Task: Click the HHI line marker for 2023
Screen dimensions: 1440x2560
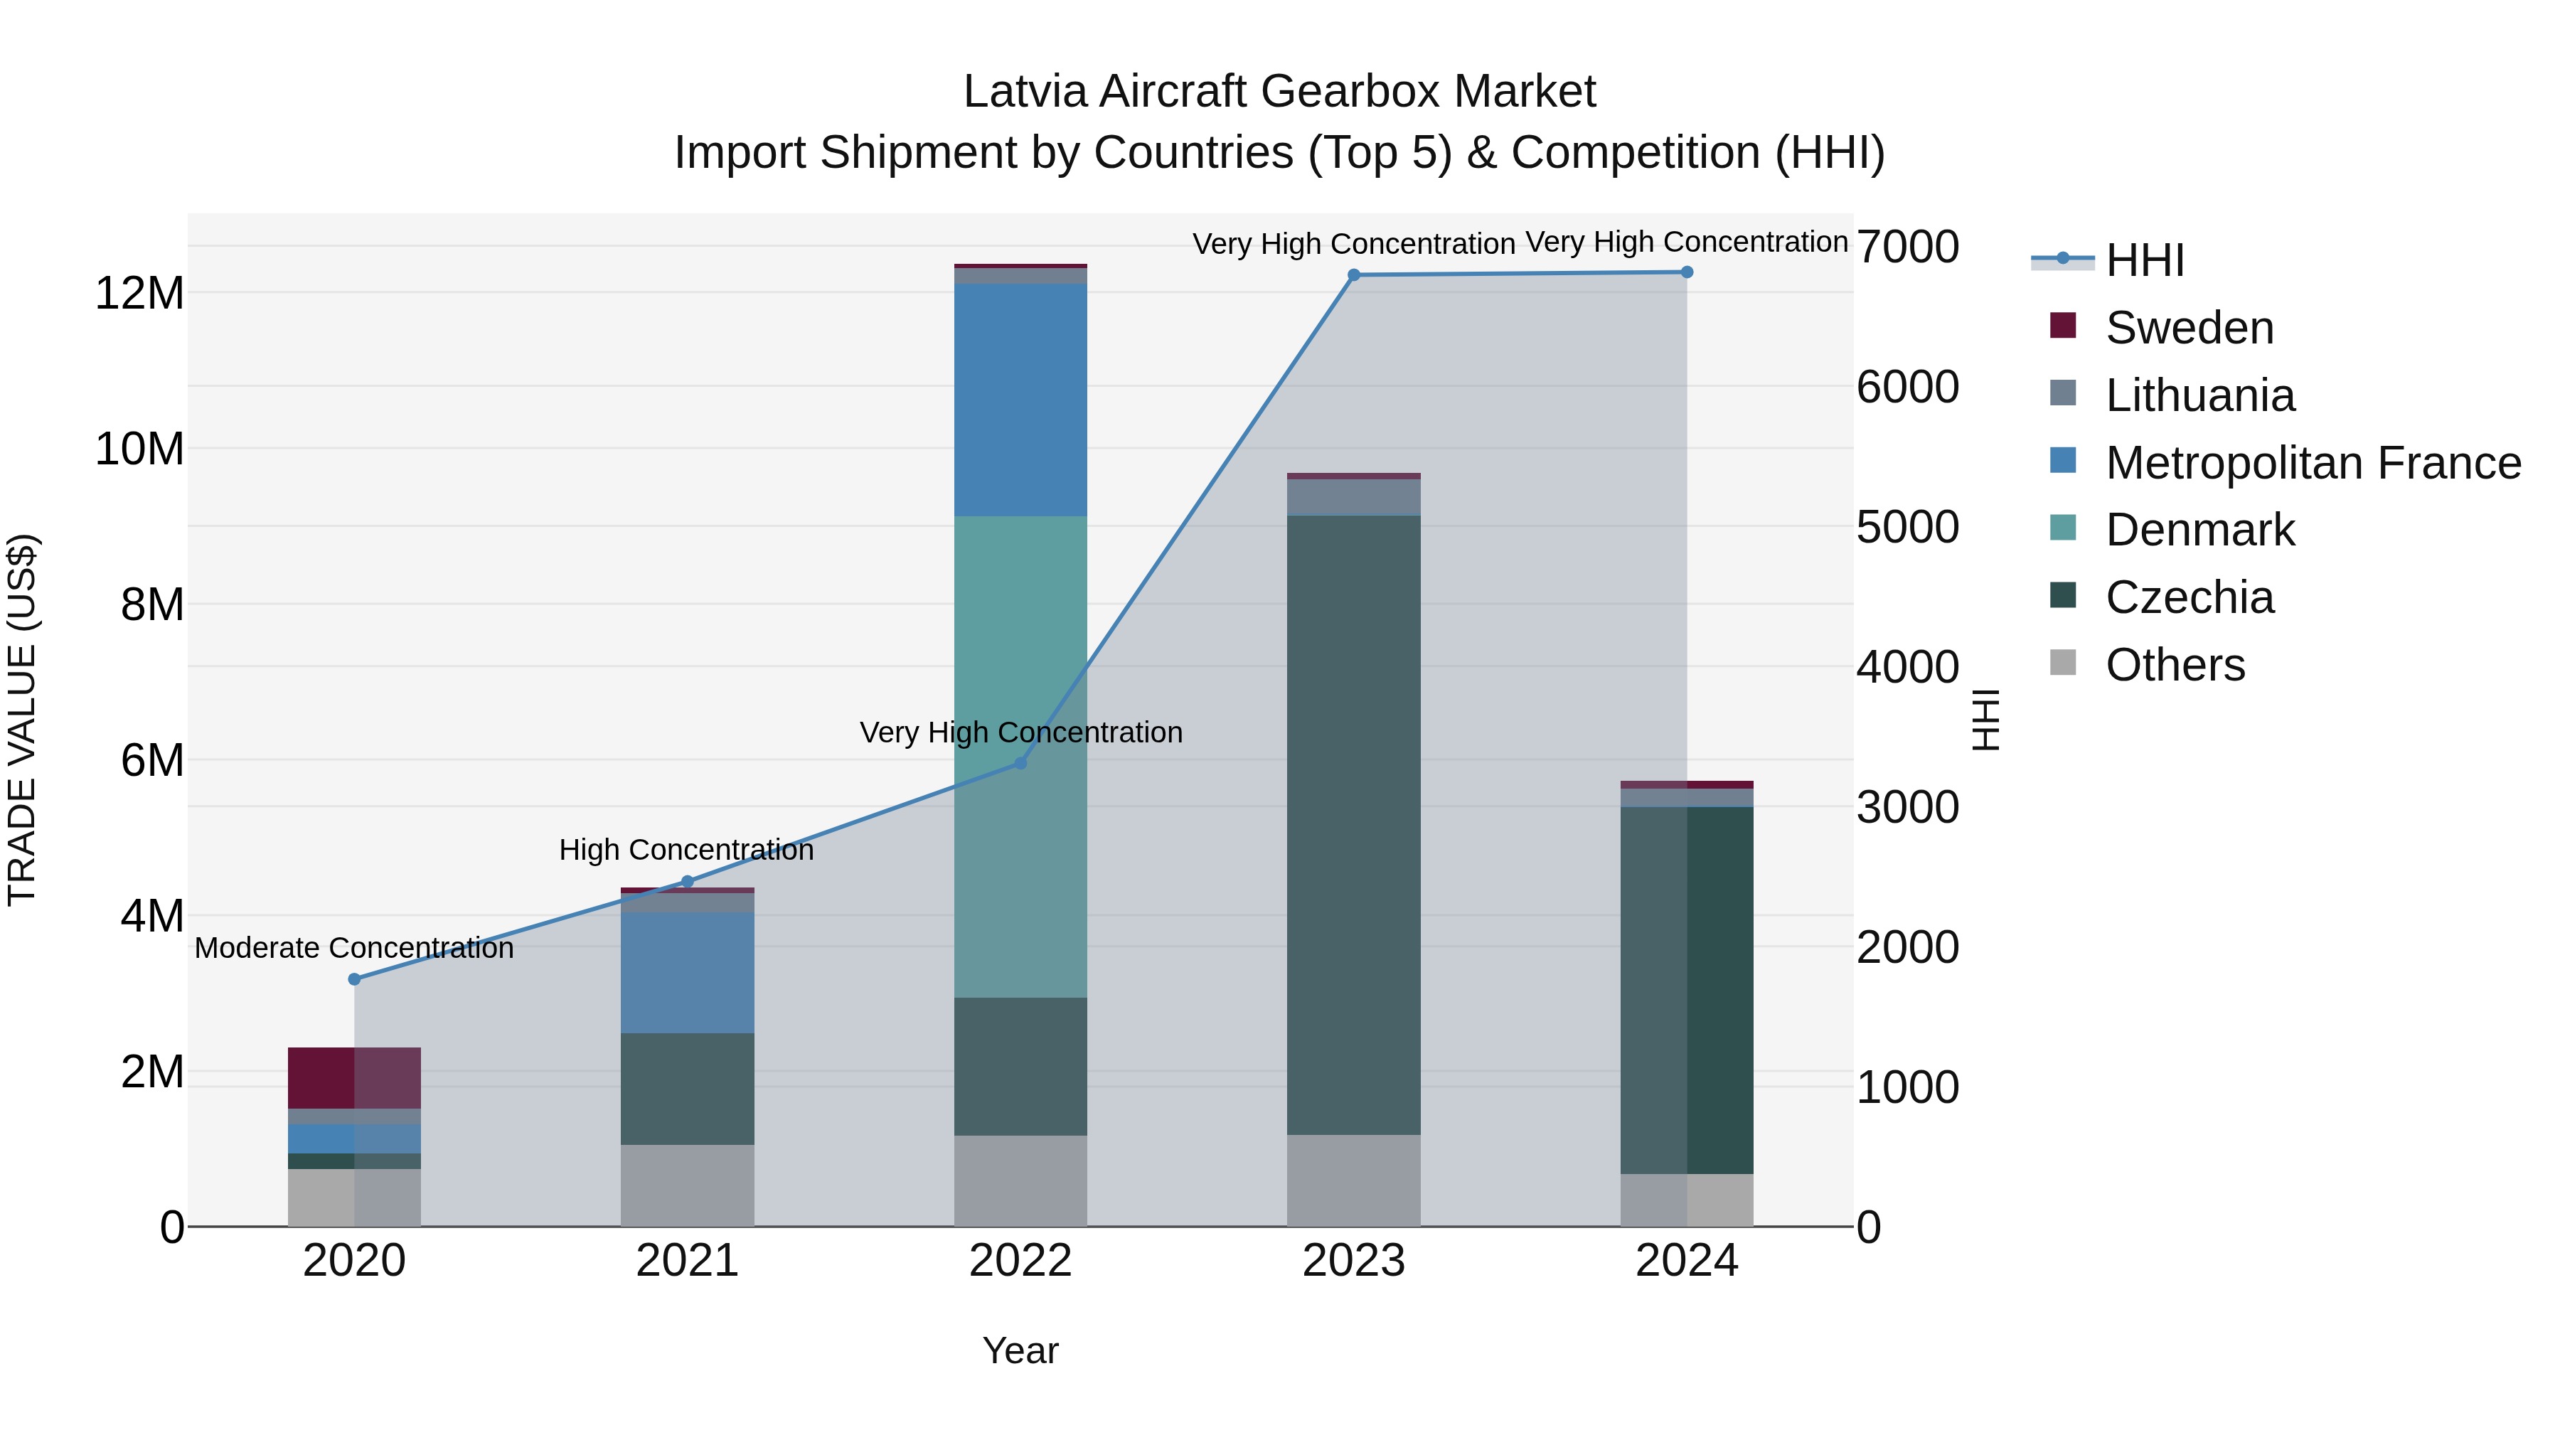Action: (x=1353, y=275)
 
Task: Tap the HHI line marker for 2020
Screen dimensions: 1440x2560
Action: (x=355, y=979)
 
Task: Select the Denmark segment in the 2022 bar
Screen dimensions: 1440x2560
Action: (x=1020, y=755)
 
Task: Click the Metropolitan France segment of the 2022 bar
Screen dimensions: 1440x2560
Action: (x=1020, y=400)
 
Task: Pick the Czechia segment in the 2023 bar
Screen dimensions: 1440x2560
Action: (x=1353, y=825)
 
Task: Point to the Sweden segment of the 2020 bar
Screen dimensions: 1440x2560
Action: (x=355, y=1077)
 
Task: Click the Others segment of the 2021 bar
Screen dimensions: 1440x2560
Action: (x=687, y=1185)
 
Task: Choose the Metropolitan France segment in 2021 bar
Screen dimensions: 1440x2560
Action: (x=687, y=972)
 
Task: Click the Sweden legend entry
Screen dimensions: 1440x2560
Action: (x=2190, y=328)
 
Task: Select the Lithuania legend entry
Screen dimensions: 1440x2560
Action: (x=2199, y=395)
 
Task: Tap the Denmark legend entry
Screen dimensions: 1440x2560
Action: (x=2199, y=530)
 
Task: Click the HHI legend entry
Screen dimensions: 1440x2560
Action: (x=2145, y=260)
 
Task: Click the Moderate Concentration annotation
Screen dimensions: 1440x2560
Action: (x=355, y=948)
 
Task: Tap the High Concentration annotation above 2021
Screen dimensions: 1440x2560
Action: (x=687, y=850)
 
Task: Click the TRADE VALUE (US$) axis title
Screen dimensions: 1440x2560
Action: (x=22, y=720)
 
